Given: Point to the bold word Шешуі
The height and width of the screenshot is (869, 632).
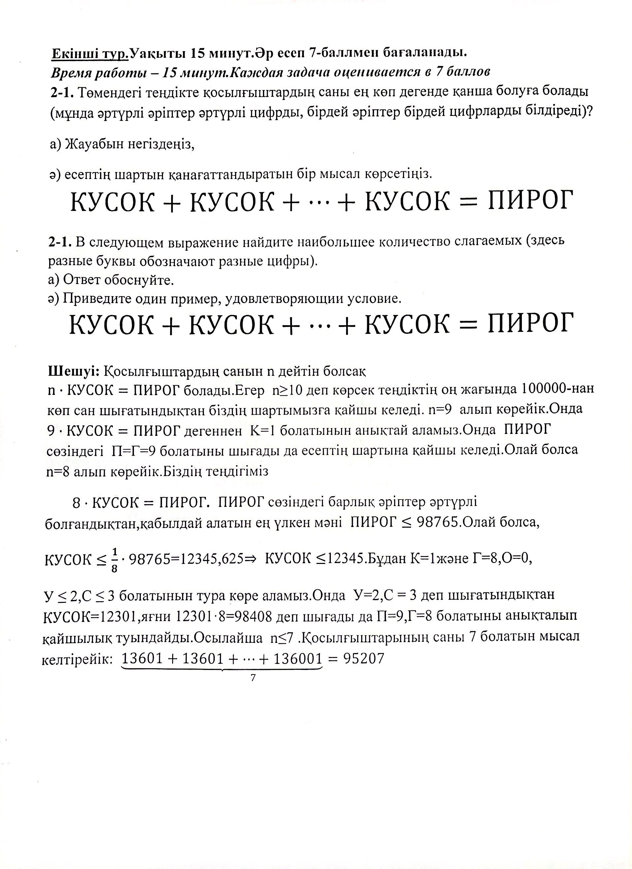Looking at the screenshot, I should (74, 370).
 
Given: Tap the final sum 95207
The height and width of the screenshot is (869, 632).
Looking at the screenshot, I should (363, 658).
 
